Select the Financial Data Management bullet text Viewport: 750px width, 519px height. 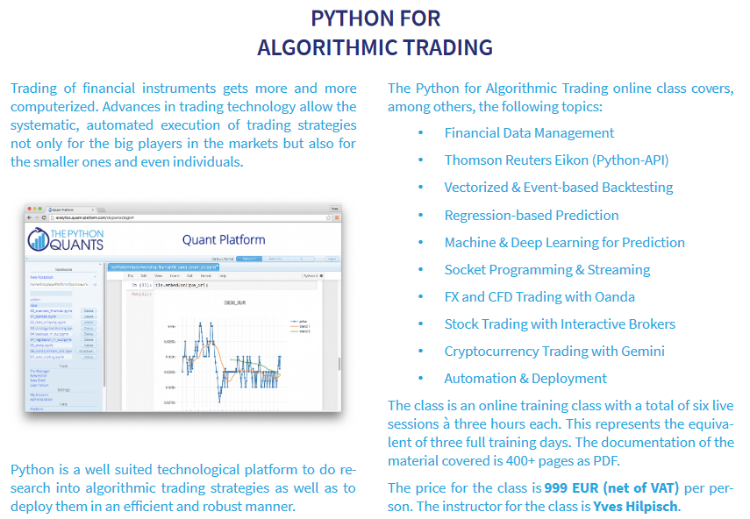(x=529, y=133)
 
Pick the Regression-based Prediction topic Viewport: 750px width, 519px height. (x=531, y=215)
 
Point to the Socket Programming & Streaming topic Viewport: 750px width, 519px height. (x=546, y=269)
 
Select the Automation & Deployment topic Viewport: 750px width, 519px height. (x=525, y=378)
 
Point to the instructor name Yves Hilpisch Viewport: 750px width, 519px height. (x=637, y=506)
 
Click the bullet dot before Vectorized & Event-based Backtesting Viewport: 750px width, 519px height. (x=421, y=188)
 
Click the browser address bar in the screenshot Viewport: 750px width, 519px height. (x=175, y=217)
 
